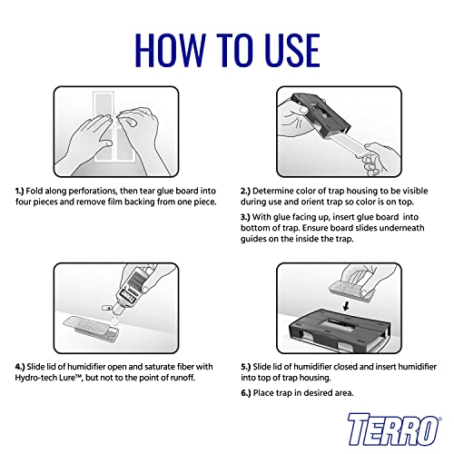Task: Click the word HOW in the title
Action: (171, 50)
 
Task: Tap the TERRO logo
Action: (394, 429)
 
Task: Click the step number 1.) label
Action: (19, 191)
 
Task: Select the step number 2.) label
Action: (245, 191)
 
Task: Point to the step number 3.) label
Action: (245, 217)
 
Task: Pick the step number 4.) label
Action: (20, 367)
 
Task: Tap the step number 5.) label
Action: (246, 367)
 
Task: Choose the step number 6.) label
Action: (246, 393)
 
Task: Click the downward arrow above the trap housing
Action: (346, 305)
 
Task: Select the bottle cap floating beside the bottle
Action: (106, 308)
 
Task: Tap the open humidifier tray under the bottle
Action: (92, 329)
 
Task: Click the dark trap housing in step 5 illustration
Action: (339, 331)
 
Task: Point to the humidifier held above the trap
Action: (352, 291)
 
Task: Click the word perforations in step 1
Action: (93, 192)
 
